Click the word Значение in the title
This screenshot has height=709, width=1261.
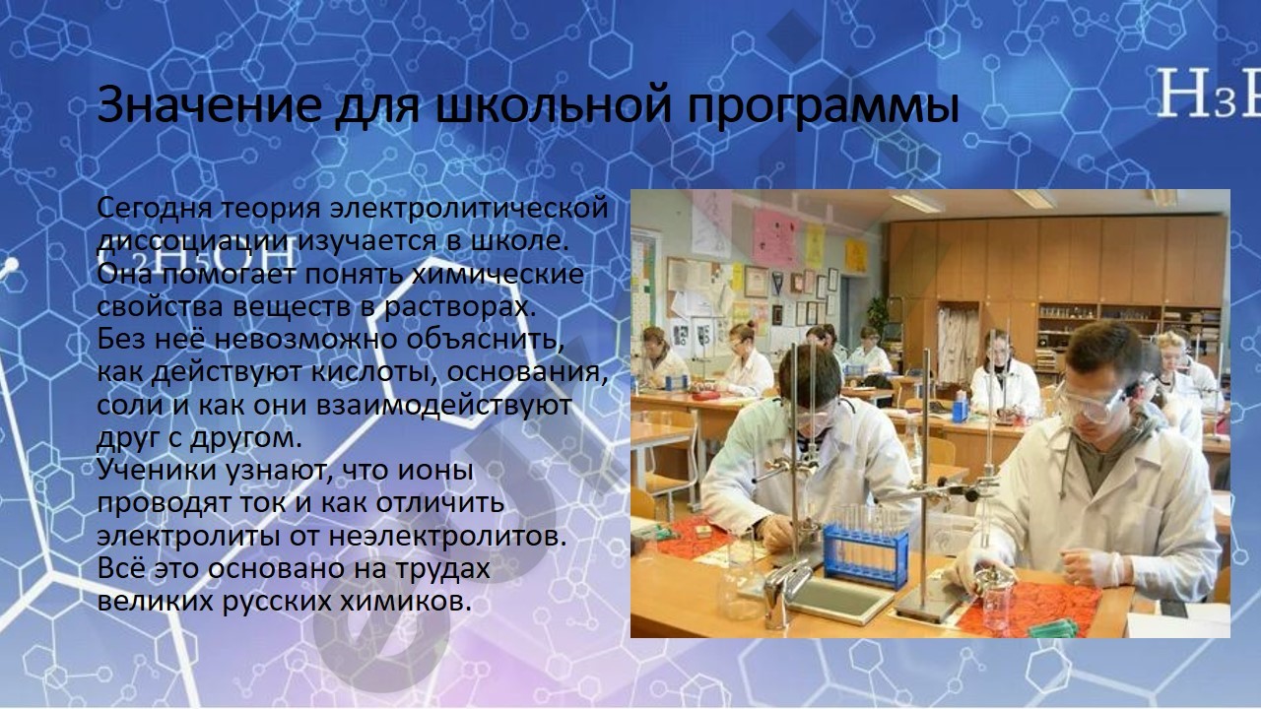click(x=209, y=104)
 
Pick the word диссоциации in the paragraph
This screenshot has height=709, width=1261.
click(x=193, y=242)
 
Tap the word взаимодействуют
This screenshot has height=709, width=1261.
click(x=444, y=406)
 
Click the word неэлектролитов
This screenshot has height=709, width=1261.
click(x=447, y=537)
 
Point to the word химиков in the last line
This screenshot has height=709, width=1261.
click(x=405, y=602)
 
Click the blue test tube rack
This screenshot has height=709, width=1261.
click(x=866, y=553)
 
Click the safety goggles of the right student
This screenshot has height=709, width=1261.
click(x=1093, y=398)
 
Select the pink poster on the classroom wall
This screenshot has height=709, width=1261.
click(x=775, y=237)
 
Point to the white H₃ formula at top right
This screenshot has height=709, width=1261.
click(x=1209, y=100)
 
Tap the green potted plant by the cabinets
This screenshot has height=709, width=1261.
click(x=877, y=316)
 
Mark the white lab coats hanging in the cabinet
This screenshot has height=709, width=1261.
click(x=958, y=344)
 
